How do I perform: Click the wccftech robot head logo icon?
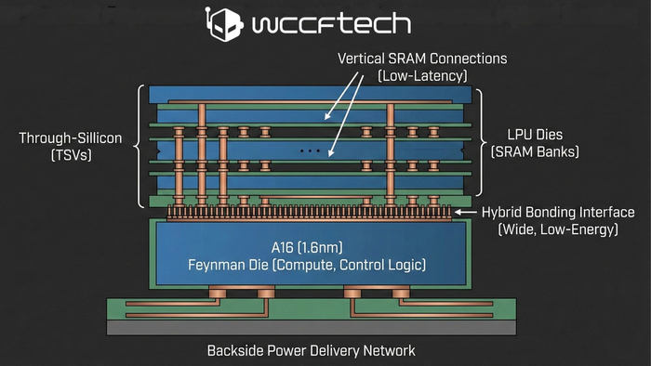point(220,26)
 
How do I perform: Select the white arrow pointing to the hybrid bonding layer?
point(466,213)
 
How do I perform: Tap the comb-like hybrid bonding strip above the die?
point(308,214)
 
